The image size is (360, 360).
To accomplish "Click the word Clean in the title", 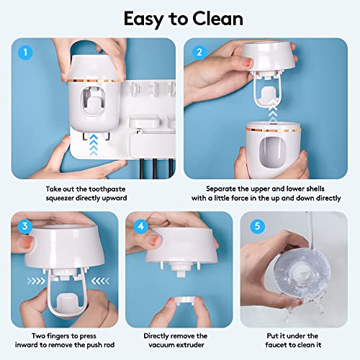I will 212,18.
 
